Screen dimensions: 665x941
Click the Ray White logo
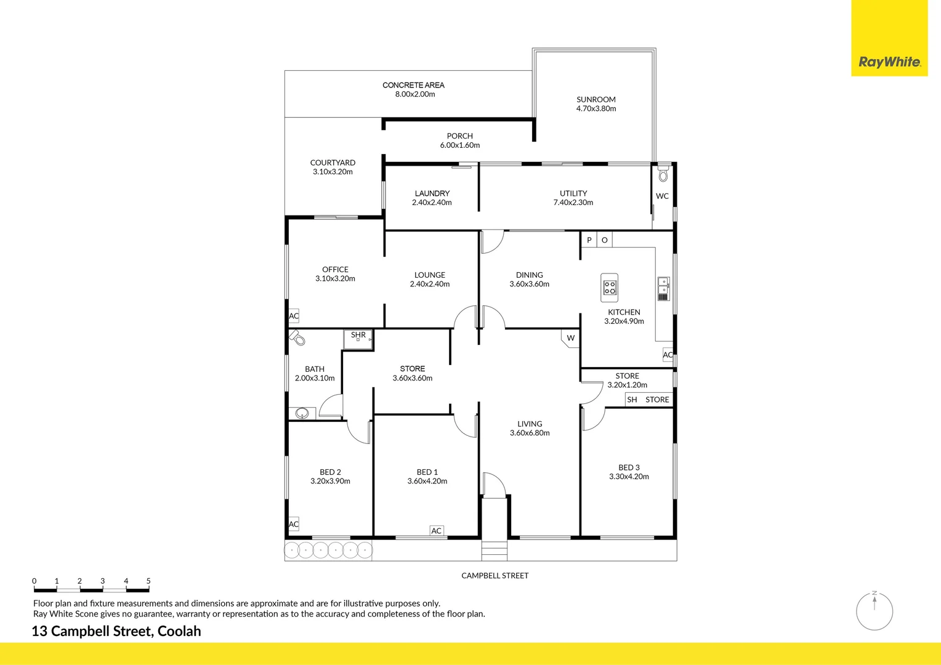point(889,62)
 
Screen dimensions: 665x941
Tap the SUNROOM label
point(596,99)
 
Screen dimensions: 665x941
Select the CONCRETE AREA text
point(413,85)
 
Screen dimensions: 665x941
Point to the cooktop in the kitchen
point(610,288)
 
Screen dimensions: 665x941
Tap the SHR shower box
point(358,339)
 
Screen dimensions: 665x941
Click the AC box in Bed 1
point(437,531)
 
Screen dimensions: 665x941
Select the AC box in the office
point(294,316)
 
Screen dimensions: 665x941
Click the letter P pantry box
point(589,240)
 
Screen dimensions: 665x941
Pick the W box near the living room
point(571,338)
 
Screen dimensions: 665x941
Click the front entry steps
point(495,550)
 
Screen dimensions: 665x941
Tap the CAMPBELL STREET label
point(495,576)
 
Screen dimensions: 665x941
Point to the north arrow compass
point(874,610)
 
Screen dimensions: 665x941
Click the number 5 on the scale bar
point(148,581)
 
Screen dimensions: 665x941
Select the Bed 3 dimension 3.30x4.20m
point(629,477)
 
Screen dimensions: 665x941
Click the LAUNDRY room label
point(432,193)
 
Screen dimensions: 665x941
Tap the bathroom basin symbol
point(302,413)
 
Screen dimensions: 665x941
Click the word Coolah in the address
point(179,631)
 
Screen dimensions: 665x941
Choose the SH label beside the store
point(632,400)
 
